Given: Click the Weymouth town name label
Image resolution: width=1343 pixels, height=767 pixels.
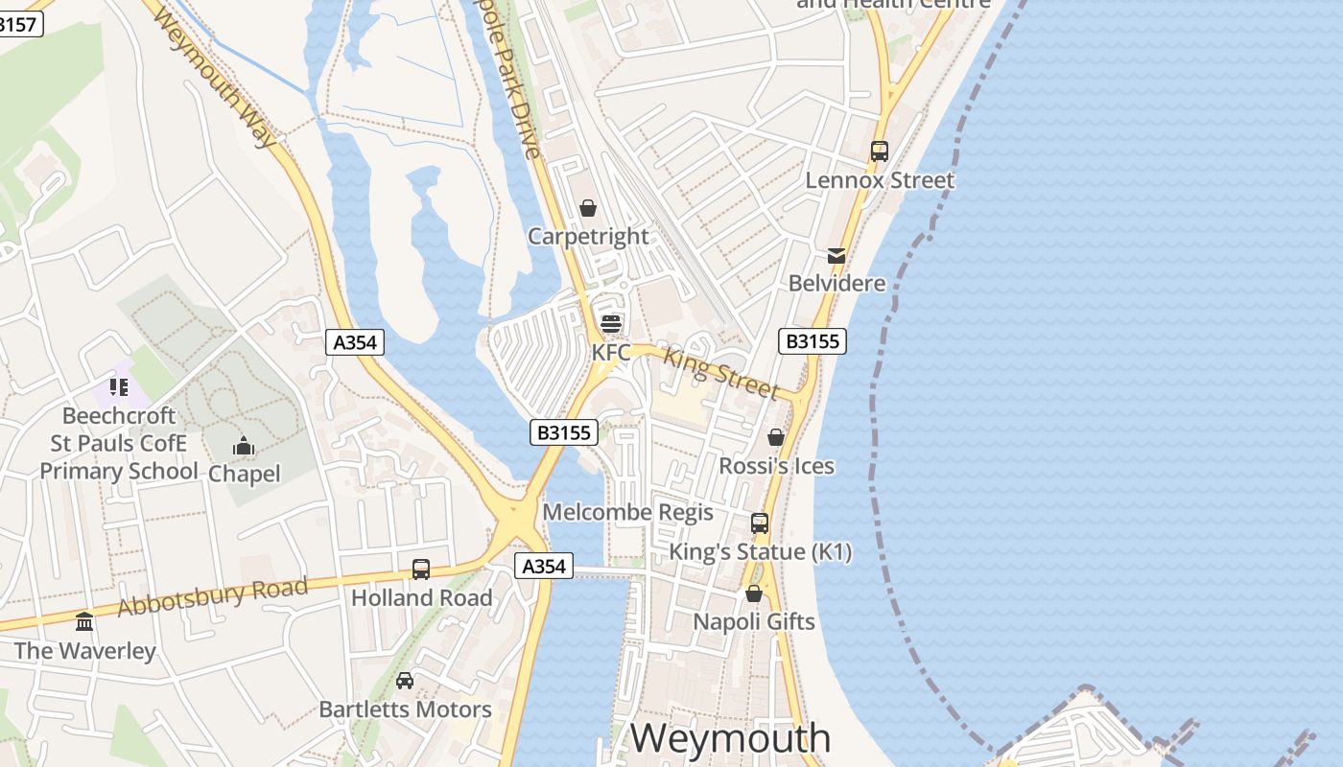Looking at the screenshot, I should click(730, 738).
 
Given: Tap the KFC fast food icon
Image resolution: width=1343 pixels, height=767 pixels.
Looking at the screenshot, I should click(611, 324).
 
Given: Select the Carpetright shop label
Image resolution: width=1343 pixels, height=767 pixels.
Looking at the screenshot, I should click(588, 236).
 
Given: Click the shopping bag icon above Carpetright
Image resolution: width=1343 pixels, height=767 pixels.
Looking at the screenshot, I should click(588, 208).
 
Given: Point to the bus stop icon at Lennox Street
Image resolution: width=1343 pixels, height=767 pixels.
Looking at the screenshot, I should click(880, 151).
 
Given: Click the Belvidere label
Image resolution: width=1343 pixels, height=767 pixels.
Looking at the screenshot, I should click(836, 283).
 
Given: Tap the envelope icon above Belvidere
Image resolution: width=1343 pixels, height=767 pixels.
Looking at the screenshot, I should click(836, 255).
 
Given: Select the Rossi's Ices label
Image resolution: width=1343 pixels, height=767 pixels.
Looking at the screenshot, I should click(777, 466).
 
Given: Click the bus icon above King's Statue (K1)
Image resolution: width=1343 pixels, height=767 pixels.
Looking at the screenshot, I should click(760, 523).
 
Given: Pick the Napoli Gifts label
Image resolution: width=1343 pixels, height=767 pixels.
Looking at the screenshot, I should click(754, 621).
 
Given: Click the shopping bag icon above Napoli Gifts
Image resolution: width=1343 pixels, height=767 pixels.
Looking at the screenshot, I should click(754, 593).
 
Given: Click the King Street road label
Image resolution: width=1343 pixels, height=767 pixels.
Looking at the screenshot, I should click(721, 374).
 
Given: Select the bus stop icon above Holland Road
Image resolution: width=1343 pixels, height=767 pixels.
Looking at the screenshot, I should click(421, 569).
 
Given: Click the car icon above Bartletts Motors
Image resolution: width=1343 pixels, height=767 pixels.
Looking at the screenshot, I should click(405, 681).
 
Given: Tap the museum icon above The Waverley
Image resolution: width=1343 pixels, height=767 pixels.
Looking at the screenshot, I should click(84, 622).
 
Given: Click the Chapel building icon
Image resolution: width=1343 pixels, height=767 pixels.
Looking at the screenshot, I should click(244, 446).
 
